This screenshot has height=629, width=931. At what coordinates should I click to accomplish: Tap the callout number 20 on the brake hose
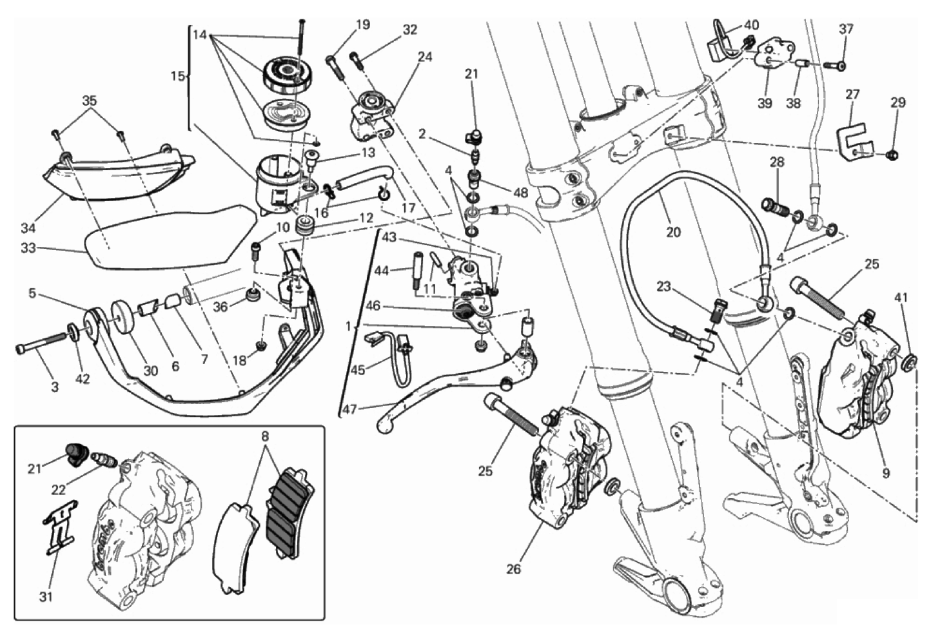click(x=673, y=232)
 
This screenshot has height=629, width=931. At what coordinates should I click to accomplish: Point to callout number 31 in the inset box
click(x=45, y=597)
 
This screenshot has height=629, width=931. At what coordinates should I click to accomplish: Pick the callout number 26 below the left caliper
click(x=513, y=569)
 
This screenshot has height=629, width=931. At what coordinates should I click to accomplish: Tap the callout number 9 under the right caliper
click(x=886, y=473)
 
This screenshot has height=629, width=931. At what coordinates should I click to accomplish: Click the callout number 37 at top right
click(x=846, y=29)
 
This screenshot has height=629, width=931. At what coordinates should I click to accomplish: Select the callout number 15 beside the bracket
click(x=177, y=76)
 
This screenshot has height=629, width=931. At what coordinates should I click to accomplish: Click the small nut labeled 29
click(x=893, y=155)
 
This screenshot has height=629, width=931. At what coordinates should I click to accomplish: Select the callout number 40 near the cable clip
click(x=751, y=25)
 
